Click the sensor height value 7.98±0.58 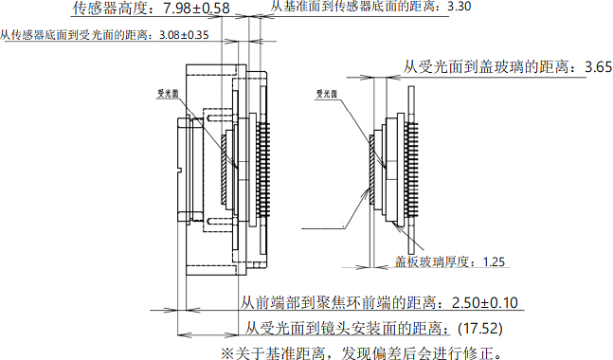196,8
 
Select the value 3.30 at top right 460,7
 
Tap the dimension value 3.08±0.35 184,35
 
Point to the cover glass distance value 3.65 598,67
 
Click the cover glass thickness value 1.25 494,261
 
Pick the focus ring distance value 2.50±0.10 485,302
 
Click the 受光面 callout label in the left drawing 168,94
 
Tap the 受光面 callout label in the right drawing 327,94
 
